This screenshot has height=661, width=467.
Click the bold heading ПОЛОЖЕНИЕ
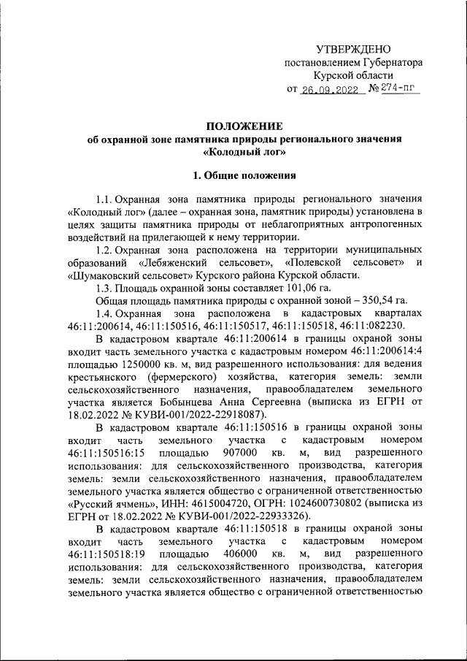click(244, 126)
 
